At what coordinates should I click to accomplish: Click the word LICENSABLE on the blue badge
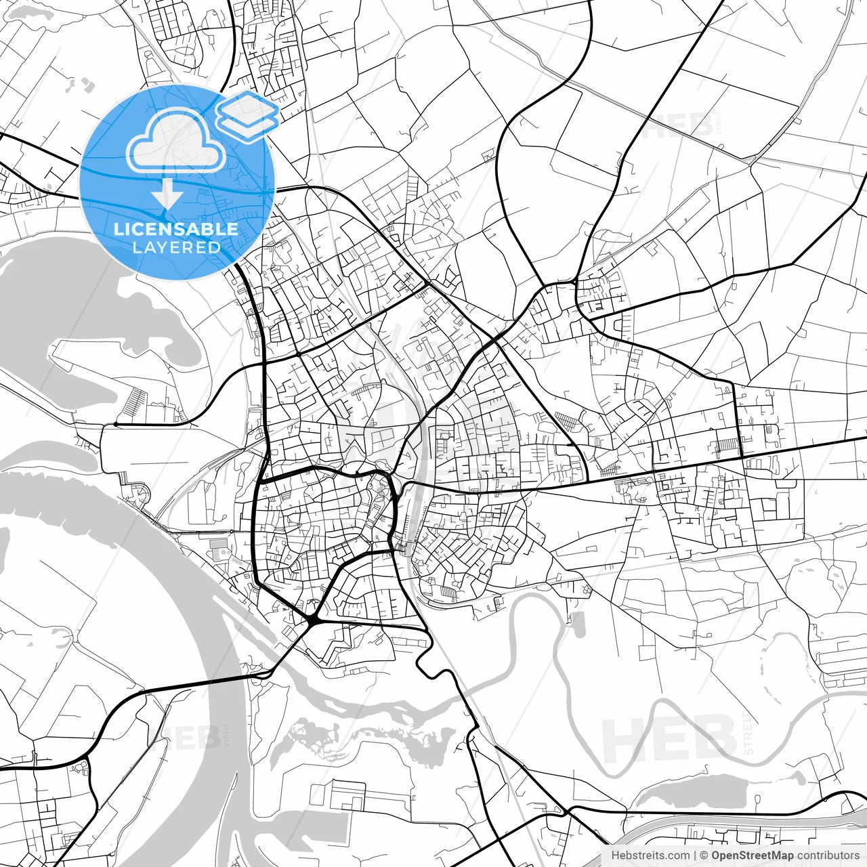[x=176, y=229]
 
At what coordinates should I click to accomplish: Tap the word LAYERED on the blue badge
[x=176, y=247]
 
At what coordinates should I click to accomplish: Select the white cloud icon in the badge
[x=176, y=141]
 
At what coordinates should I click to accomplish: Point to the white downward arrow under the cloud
[x=167, y=194]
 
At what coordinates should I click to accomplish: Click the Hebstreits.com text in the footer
[x=651, y=856]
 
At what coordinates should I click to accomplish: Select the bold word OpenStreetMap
[x=752, y=856]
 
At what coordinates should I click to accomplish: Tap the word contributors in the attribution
[x=827, y=856]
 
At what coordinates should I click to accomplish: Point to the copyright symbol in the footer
[x=704, y=856]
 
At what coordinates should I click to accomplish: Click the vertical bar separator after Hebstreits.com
[x=696, y=856]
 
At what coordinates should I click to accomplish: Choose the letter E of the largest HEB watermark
[x=671, y=740]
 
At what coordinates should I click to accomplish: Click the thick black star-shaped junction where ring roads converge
[x=313, y=619]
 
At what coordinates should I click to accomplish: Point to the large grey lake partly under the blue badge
[x=102, y=298]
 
